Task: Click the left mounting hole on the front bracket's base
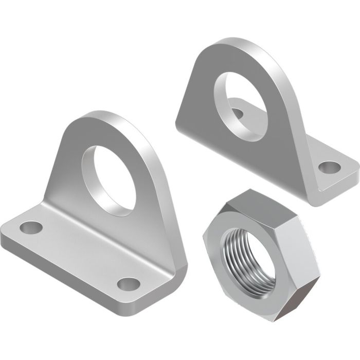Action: [31, 227]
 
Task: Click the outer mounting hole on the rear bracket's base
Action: [329, 167]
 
